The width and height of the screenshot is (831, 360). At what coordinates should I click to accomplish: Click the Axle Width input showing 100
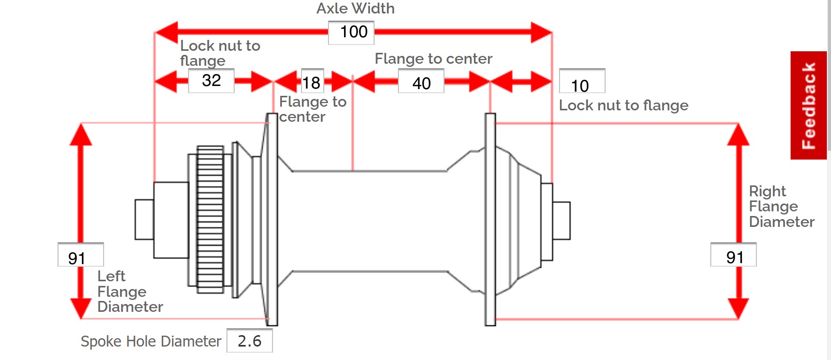[x=351, y=33]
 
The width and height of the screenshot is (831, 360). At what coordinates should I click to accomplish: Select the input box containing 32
[x=211, y=81]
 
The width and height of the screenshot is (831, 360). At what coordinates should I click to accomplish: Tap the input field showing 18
[x=312, y=81]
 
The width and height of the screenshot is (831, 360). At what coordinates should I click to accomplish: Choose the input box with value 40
[x=421, y=82]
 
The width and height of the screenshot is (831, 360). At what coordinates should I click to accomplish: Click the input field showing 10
[x=582, y=81]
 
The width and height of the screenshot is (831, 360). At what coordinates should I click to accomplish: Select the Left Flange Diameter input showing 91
[x=80, y=255]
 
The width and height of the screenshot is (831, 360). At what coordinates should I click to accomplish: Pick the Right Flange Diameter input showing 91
[x=733, y=255]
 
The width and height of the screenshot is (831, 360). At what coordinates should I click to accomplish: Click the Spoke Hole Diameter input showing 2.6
[x=249, y=341]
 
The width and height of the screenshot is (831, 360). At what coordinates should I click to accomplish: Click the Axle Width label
[x=355, y=9]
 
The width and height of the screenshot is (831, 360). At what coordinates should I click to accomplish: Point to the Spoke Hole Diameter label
[x=151, y=341]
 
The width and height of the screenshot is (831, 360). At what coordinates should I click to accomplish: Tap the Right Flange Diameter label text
[x=781, y=207]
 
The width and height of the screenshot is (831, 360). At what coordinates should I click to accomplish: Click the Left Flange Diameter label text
[x=130, y=292]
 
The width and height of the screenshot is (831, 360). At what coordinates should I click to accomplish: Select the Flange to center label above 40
[x=433, y=59]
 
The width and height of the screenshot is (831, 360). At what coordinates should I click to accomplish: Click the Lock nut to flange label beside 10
[x=623, y=106]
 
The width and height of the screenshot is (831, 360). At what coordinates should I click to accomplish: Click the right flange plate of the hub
[x=490, y=220]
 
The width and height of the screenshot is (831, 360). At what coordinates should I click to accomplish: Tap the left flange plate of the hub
[x=272, y=220]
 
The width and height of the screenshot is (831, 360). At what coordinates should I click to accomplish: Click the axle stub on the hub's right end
[x=561, y=221]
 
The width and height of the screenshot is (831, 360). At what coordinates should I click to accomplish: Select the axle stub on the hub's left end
[x=144, y=220]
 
